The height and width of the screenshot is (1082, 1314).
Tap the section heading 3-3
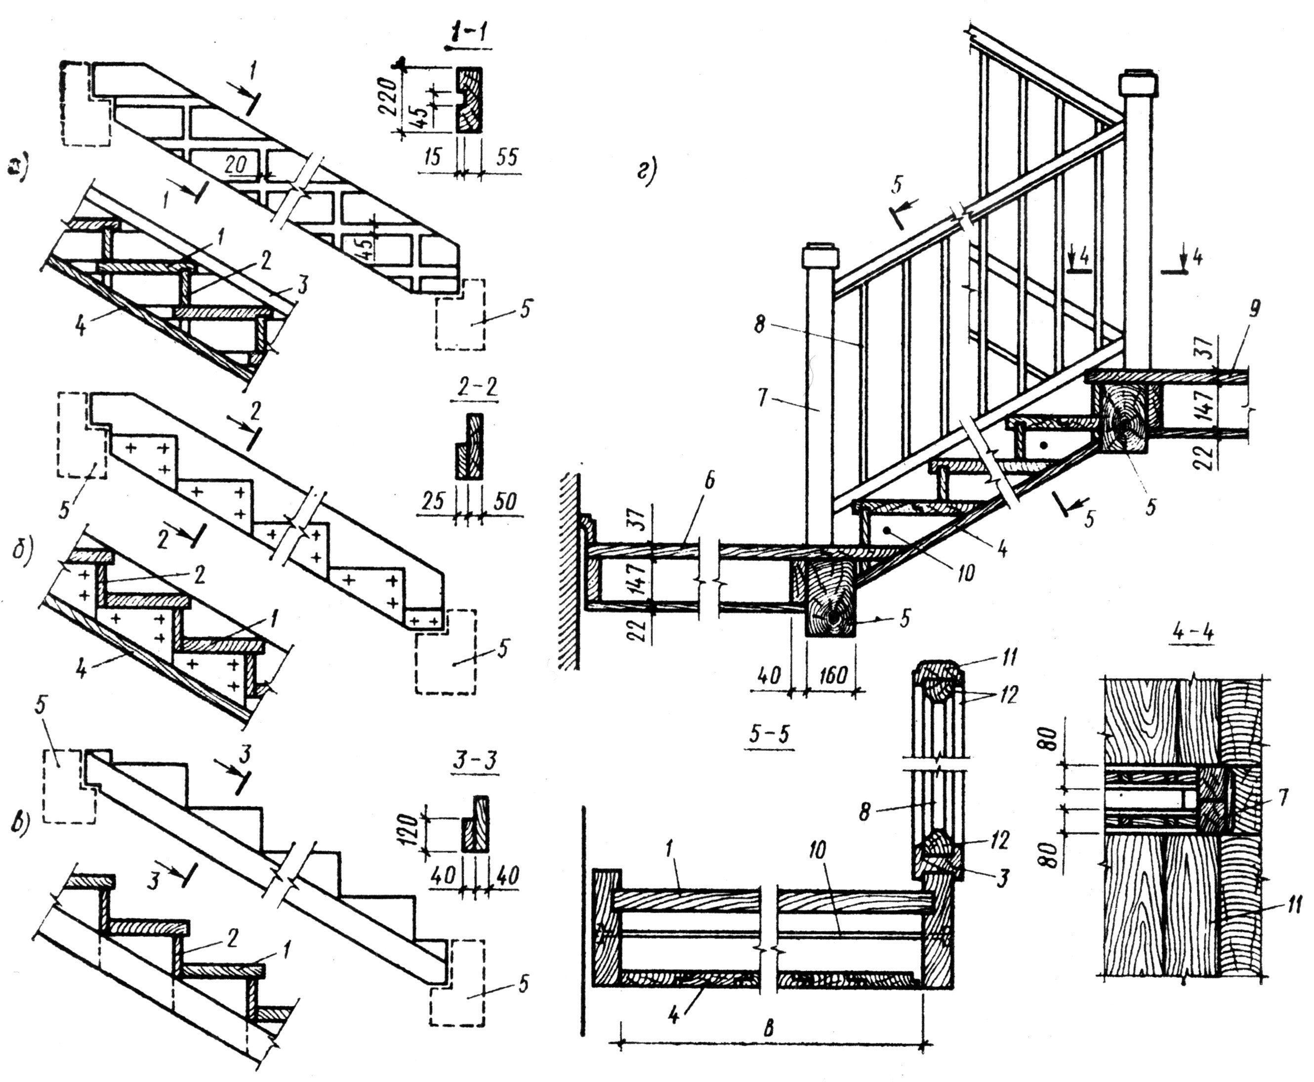pyautogui.click(x=476, y=763)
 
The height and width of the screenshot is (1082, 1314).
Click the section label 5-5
pyautogui.click(x=770, y=735)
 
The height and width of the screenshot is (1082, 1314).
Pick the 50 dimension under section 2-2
pyautogui.click(x=504, y=501)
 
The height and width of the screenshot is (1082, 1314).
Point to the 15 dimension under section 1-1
pyautogui.click(x=432, y=156)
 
